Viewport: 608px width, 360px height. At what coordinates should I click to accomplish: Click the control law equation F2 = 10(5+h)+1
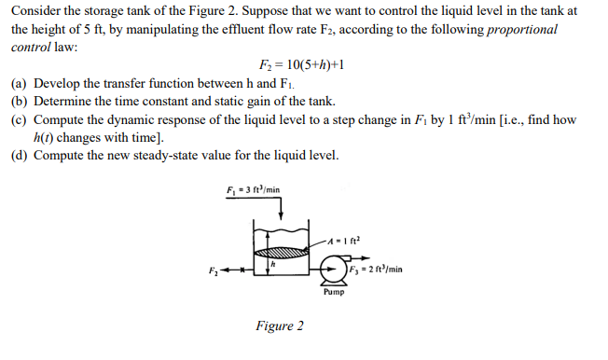[301, 64]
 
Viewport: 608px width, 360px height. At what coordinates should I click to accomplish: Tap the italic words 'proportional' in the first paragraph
[522, 29]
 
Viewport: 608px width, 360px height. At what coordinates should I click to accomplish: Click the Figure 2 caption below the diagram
[280, 325]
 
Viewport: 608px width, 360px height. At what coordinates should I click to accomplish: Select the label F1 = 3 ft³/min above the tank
[254, 189]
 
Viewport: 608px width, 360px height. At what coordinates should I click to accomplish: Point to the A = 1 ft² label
[343, 241]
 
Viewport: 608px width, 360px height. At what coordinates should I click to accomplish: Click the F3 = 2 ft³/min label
[376, 270]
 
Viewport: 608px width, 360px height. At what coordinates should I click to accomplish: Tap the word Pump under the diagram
[334, 292]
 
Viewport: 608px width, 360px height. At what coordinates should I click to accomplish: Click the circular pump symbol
[334, 269]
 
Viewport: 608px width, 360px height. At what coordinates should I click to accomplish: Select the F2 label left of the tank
[214, 270]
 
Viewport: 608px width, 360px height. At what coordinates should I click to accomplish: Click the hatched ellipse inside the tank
[281, 253]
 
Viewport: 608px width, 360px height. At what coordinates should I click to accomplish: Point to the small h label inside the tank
[272, 264]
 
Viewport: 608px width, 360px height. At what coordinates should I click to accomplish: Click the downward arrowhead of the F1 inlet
[281, 215]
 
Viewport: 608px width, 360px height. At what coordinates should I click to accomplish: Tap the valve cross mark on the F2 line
[242, 270]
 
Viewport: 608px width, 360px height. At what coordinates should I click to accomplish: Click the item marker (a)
[20, 83]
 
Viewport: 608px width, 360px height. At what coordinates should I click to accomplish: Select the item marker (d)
[20, 155]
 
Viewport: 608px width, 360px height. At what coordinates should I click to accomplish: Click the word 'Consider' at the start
[35, 10]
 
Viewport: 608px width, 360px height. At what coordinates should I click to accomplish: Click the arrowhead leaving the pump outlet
[366, 258]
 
